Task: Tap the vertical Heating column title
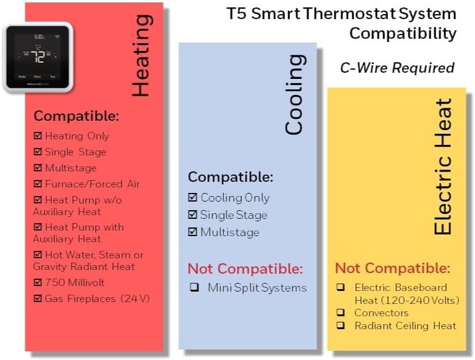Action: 141,55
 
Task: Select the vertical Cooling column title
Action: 294,94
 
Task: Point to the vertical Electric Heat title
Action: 443,166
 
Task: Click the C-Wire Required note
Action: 397,68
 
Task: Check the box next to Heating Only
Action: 38,136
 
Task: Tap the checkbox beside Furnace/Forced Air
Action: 38,184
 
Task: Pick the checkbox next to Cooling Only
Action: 192,198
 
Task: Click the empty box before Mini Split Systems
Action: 194,288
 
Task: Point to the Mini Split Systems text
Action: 257,288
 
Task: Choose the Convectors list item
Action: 381,313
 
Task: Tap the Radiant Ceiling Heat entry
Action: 405,325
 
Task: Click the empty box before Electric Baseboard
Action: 341,287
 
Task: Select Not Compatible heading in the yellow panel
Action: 392,269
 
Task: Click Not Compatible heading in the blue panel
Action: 245,269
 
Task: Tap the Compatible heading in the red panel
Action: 76,116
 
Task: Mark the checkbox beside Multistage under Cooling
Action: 192,232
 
